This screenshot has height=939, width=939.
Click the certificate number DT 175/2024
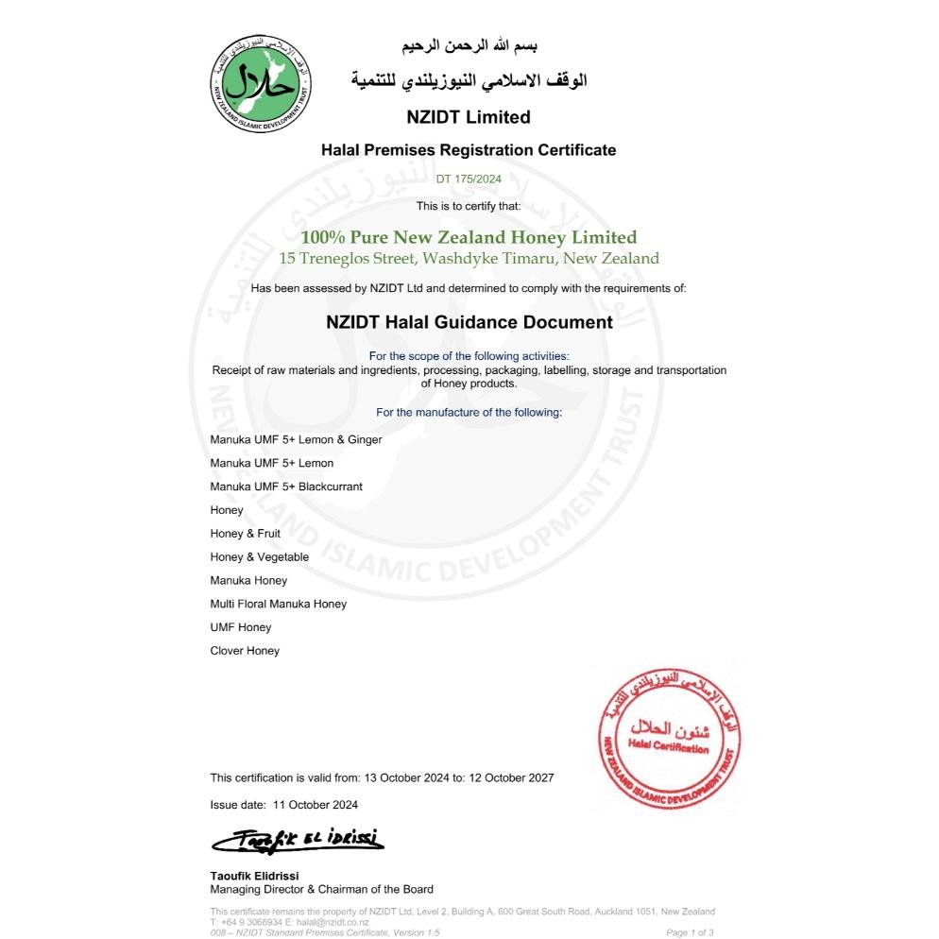(x=469, y=179)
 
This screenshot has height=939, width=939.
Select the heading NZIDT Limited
(x=469, y=117)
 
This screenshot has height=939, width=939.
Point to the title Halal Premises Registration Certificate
(x=469, y=149)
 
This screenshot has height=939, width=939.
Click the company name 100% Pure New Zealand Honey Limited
(x=469, y=237)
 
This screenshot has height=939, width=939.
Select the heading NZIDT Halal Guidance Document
(x=469, y=322)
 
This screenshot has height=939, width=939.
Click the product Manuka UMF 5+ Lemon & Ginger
(x=296, y=439)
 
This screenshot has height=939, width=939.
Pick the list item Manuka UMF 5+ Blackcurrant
(x=286, y=487)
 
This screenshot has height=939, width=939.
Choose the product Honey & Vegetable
(x=259, y=557)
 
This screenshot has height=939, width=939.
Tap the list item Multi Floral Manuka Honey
(x=278, y=604)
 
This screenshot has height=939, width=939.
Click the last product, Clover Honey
(x=245, y=651)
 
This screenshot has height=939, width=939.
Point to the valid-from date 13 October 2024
(x=406, y=778)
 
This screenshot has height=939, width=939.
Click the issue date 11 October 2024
(x=316, y=805)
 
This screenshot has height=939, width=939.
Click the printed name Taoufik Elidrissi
(x=254, y=876)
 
